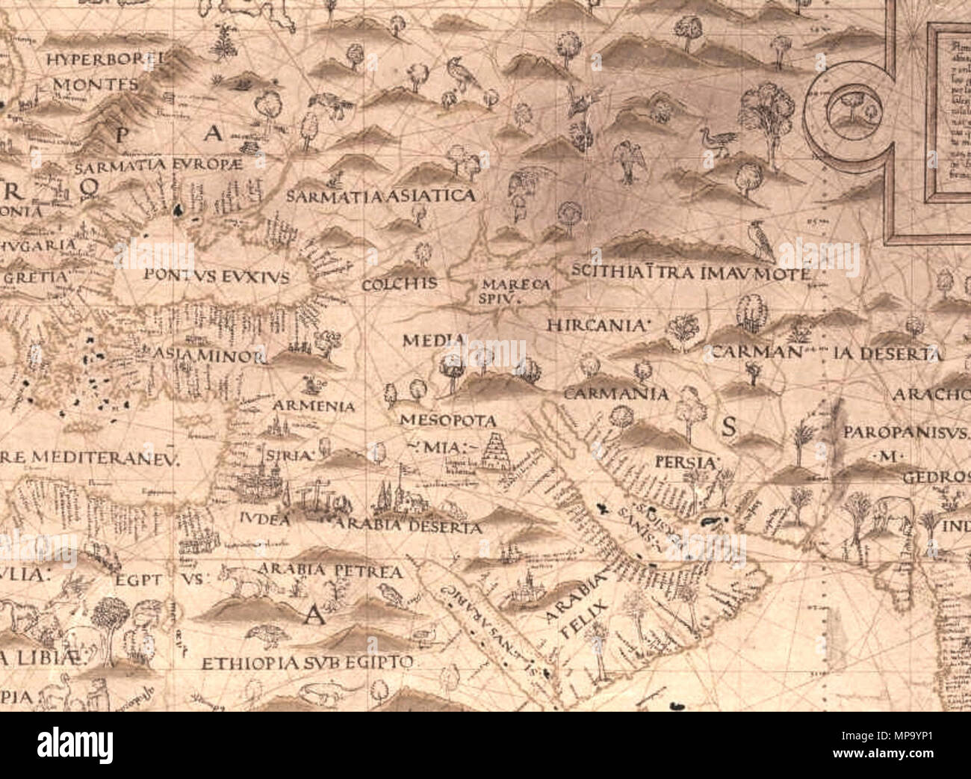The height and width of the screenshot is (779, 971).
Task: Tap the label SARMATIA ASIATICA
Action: point(381,196)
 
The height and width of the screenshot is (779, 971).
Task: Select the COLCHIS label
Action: point(399,285)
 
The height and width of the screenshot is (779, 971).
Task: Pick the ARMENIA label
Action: point(314,407)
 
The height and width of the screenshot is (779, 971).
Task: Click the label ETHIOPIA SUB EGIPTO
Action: point(307,663)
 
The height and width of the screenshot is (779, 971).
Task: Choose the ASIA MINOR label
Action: point(210,356)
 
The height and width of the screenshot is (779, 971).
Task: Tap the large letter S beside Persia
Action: point(729,426)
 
